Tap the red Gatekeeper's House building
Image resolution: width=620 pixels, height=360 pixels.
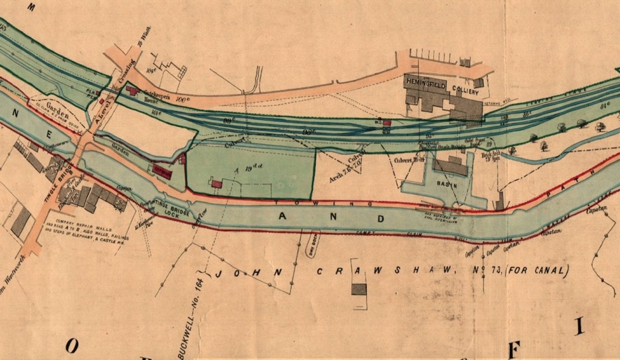132,90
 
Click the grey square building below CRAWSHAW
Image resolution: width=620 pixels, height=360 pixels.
359,289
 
